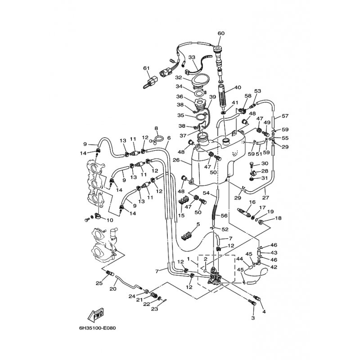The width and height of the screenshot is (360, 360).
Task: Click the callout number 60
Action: pyautogui.click(x=220, y=33)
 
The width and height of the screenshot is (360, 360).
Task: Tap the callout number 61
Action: pyautogui.click(x=146, y=68)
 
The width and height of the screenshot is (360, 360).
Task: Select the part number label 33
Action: pyautogui.click(x=192, y=58)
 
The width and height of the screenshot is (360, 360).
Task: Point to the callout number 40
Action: pyautogui.click(x=238, y=88)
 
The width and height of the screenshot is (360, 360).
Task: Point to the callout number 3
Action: pyautogui.click(x=253, y=318)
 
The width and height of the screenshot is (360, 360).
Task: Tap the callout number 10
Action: pyautogui.click(x=109, y=220)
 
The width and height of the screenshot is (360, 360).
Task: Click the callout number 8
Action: pyautogui.click(x=156, y=128)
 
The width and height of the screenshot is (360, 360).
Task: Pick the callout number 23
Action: pyautogui.click(x=154, y=309)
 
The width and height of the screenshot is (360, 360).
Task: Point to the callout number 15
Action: pyautogui.click(x=181, y=216)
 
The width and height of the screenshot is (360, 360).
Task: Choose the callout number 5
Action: pyautogui.click(x=185, y=224)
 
